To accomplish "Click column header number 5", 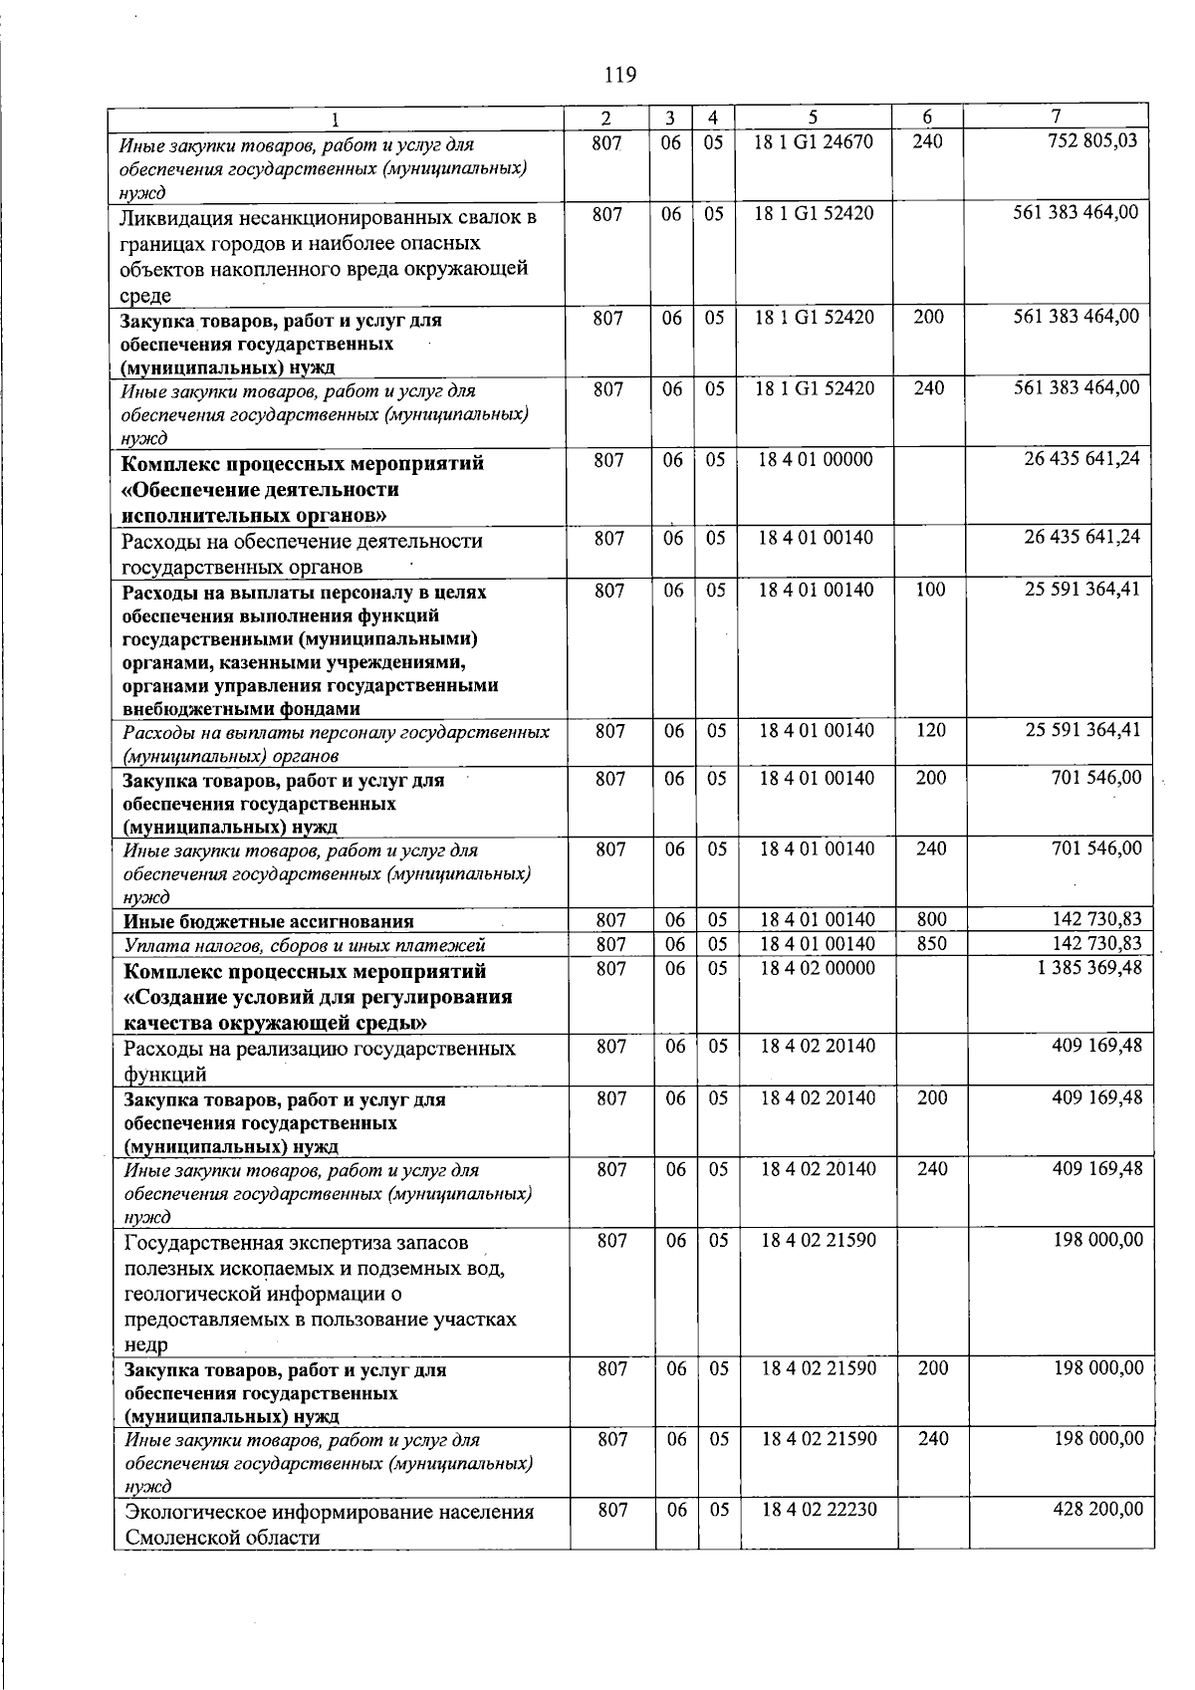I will [x=813, y=118].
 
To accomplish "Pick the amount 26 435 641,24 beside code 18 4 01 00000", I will [x=1081, y=459].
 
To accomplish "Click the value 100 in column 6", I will [x=929, y=590].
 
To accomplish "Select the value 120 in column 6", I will [x=930, y=730].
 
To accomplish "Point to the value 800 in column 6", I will [x=931, y=919].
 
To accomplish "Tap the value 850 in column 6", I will [x=931, y=942].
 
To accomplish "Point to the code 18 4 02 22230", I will [x=819, y=1510].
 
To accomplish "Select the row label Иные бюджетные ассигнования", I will [x=268, y=921].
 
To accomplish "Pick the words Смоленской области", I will [x=222, y=1537].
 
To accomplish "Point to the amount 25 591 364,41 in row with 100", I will [x=1082, y=590].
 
